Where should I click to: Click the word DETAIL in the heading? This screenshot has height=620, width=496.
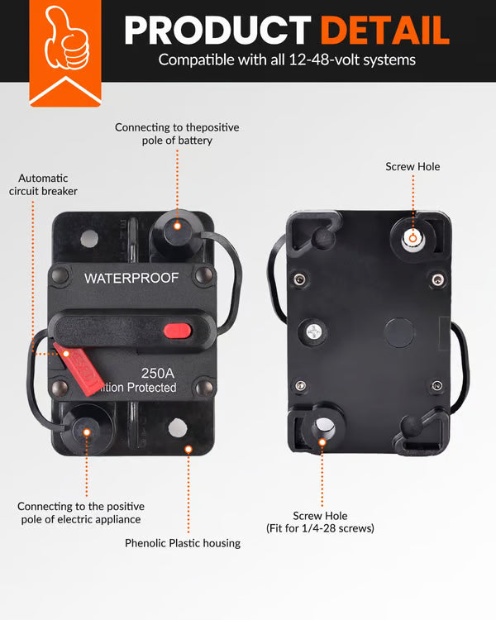385,30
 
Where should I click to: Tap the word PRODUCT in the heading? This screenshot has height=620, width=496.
219,30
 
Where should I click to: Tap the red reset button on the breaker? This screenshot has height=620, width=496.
177,331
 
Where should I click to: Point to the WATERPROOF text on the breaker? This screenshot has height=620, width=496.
131,278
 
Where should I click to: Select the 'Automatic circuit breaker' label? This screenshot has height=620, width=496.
43,184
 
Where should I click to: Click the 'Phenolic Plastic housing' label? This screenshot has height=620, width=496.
183,543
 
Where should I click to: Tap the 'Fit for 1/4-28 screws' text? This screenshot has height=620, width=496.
319,528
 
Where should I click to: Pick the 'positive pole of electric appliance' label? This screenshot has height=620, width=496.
81,513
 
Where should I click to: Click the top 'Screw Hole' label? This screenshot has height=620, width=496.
413,167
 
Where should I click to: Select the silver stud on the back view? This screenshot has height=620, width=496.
412,238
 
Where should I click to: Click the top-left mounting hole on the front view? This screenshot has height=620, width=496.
89,239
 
